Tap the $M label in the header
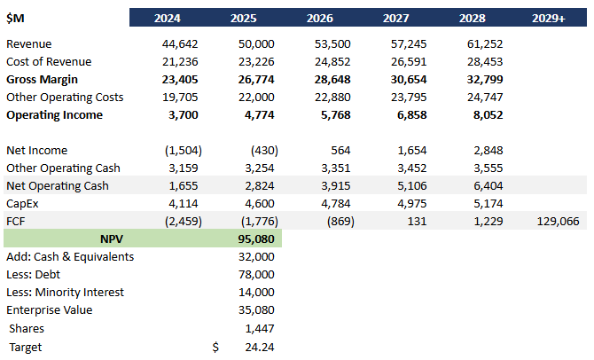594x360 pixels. click(18, 18)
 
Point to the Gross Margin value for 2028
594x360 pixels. click(484, 80)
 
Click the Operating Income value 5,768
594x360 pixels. click(332, 115)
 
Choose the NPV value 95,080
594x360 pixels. click(255, 239)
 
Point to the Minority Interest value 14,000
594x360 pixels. click(255, 293)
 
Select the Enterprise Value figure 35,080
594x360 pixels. click(255, 310)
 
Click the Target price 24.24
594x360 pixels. click(258, 347)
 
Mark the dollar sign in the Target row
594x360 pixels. click(215, 347)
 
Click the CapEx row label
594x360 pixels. click(24, 204)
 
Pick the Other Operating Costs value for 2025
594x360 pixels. click(255, 98)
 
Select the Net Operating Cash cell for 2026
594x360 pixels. click(332, 186)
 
